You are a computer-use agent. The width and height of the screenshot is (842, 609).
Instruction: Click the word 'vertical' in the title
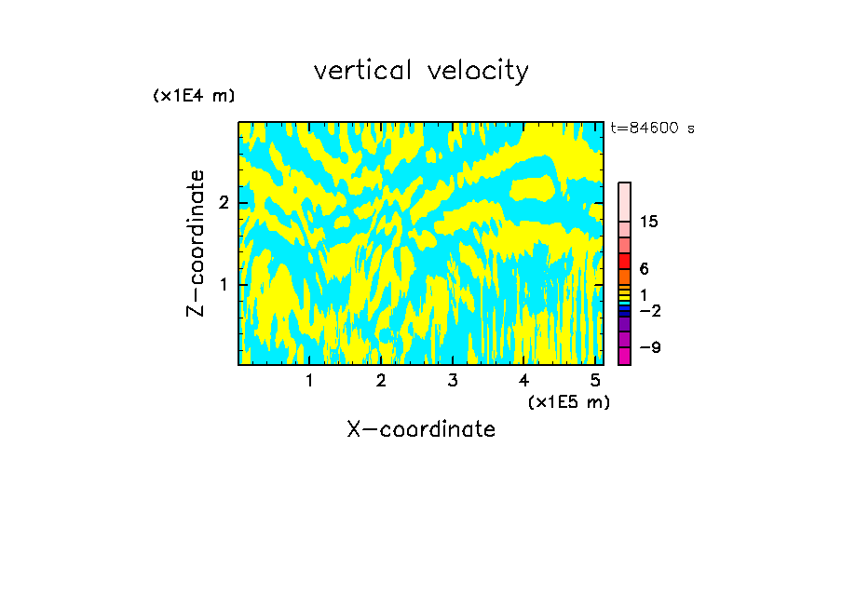[361, 70]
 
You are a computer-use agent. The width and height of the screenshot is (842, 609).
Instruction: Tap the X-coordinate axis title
[421, 429]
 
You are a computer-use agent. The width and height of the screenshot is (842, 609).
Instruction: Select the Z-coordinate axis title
[196, 243]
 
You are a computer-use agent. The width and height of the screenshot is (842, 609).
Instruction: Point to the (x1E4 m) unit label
[194, 96]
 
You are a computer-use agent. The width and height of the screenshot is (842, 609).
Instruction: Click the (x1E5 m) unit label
[568, 401]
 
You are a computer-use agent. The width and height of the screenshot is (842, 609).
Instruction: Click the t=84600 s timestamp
[652, 129]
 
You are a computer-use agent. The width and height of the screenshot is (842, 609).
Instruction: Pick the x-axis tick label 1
[310, 380]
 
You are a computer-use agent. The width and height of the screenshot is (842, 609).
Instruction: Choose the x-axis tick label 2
[381, 380]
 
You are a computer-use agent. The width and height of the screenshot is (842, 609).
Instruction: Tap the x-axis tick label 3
[453, 380]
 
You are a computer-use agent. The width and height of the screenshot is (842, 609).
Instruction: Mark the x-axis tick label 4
[523, 380]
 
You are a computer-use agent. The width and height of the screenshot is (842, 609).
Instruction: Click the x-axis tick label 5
[595, 380]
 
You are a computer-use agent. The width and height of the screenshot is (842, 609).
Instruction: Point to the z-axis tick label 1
[224, 284]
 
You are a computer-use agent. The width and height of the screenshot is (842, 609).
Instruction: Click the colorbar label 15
[649, 222]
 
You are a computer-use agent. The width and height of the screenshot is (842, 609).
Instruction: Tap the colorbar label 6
[644, 269]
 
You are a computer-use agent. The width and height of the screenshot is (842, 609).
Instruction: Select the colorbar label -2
[649, 310]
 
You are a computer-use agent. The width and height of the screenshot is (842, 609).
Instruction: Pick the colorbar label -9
[649, 347]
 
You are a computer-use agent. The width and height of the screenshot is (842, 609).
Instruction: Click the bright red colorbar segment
[624, 261]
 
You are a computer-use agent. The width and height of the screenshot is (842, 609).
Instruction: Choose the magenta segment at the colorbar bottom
[624, 356]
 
